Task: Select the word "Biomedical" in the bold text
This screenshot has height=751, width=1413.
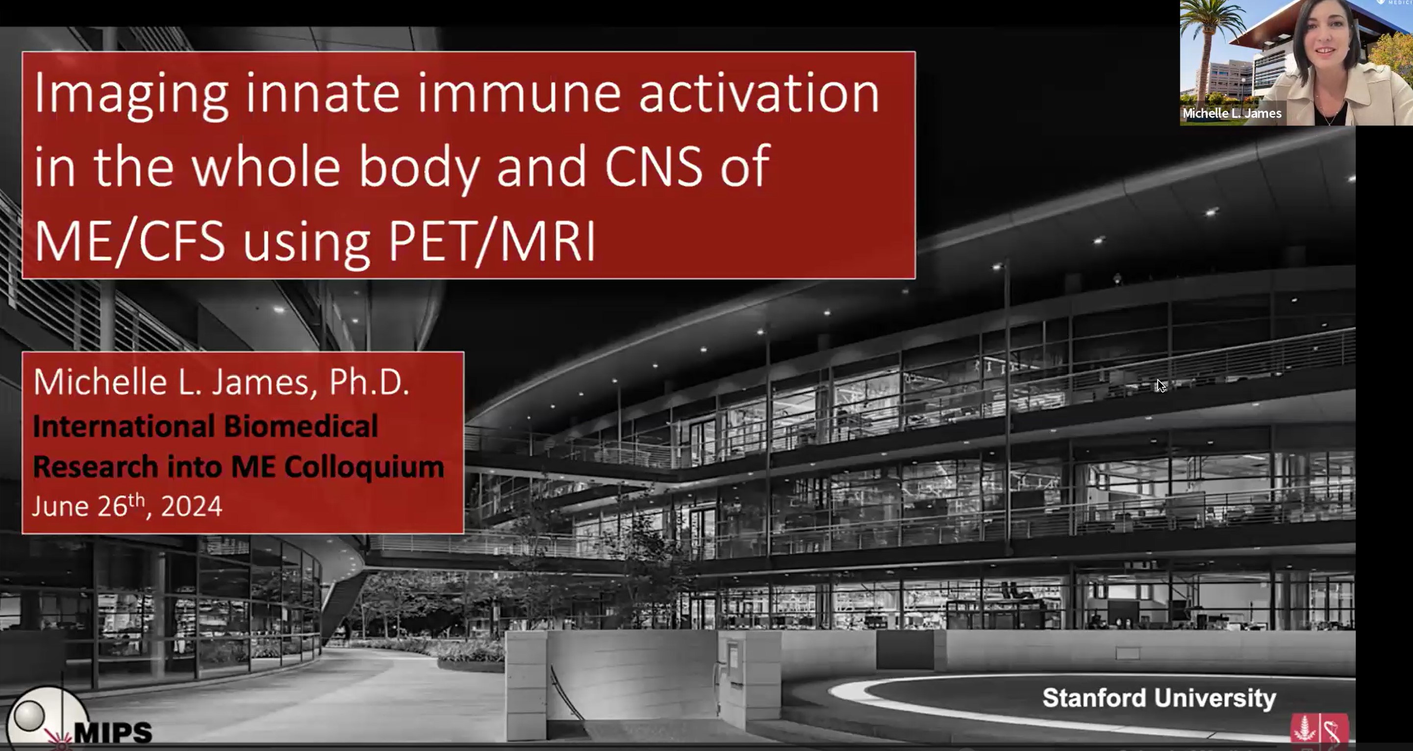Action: pos(301,427)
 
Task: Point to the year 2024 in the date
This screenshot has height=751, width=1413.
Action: pos(191,506)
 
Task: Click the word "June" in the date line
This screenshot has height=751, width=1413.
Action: pos(60,506)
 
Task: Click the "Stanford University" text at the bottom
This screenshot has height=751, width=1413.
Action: pos(1159,698)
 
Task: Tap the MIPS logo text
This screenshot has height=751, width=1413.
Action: pos(112,732)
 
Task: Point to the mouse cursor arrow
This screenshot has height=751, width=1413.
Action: pos(1161,386)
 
